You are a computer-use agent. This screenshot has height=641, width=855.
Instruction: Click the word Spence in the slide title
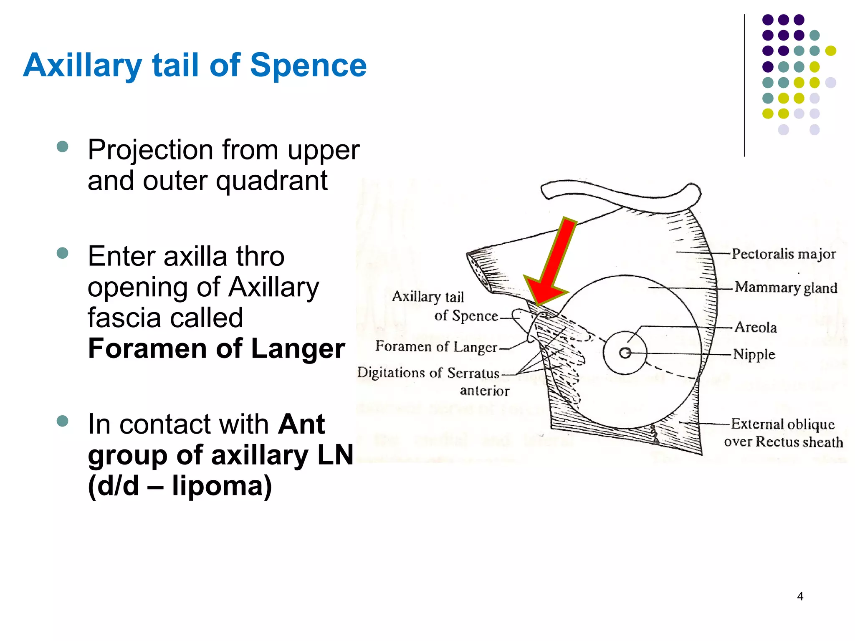coord(308,66)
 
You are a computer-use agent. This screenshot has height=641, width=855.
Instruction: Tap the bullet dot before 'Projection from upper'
coord(62,146)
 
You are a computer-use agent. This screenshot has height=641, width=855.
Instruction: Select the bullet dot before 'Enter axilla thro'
coord(62,253)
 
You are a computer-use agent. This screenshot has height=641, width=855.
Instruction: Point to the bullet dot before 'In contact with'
coord(62,421)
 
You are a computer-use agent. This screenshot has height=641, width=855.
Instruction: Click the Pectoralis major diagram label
coord(783,254)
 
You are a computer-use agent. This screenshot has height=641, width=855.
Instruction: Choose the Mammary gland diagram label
coord(786,287)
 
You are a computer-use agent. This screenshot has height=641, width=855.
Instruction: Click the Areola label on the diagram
coord(756,327)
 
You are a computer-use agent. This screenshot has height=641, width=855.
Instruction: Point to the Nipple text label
coord(754,354)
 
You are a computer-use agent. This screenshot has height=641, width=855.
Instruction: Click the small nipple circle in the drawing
coord(625,353)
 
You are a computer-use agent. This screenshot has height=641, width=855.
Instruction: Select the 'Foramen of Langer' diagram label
coord(436,346)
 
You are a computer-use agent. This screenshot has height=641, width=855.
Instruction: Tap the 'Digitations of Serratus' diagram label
coord(428,373)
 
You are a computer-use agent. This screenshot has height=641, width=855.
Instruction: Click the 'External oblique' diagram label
coord(782,424)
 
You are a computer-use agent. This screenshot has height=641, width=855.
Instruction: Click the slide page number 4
coord(800,596)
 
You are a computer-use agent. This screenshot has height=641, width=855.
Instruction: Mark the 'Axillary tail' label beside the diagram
coord(428,296)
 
